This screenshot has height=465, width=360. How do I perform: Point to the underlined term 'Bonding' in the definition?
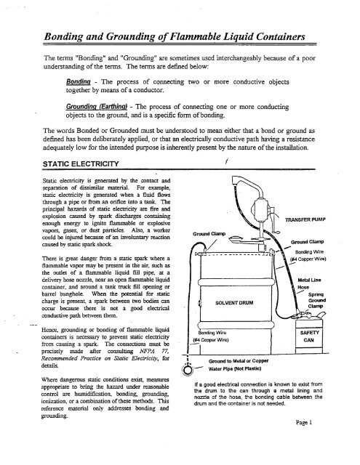pyautogui.click(x=80, y=81)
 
